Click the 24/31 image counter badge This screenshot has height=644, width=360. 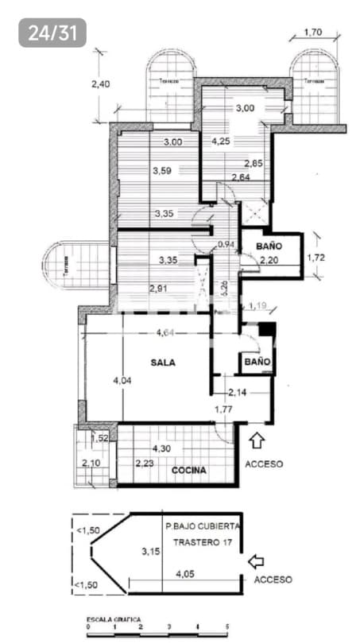[52, 33]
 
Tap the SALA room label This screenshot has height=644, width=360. [163, 362]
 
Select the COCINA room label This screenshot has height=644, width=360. [189, 470]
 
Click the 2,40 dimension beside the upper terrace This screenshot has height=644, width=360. [99, 83]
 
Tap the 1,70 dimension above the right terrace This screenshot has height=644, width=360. [312, 33]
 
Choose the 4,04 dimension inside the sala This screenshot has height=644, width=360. [122, 382]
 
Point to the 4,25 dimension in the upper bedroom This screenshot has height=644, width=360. [221, 142]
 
